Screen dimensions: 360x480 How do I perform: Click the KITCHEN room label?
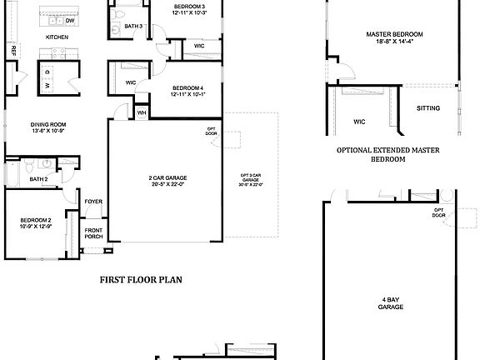(x=57, y=37)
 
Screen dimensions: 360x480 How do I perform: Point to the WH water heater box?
(x=142, y=112)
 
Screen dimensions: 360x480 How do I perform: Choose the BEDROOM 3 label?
(x=189, y=10)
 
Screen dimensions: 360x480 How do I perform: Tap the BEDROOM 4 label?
(x=188, y=90)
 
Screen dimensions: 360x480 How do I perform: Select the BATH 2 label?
(x=38, y=179)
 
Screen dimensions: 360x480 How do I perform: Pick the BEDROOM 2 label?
(x=36, y=222)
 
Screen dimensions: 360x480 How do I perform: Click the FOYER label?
(x=92, y=201)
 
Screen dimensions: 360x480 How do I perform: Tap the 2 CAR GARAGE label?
(x=164, y=180)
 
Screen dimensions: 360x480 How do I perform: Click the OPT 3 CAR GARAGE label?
(x=252, y=180)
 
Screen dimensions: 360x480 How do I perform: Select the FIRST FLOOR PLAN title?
(x=141, y=280)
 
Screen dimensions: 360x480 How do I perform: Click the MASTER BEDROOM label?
(x=394, y=37)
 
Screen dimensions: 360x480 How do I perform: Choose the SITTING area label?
(x=429, y=108)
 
